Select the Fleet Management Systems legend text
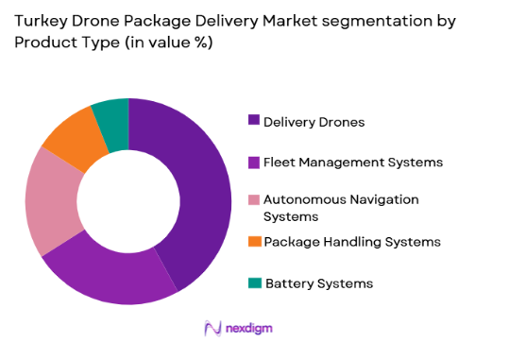pyautogui.click(x=352, y=162)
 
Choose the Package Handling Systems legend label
pyautogui.click(x=352, y=242)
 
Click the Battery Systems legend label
pyautogui.click(x=319, y=283)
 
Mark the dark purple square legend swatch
pyautogui.click(x=254, y=120)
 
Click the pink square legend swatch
pyautogui.click(x=254, y=199)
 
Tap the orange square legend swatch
pyautogui.click(x=254, y=242)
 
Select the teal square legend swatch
pyautogui.click(x=254, y=283)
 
